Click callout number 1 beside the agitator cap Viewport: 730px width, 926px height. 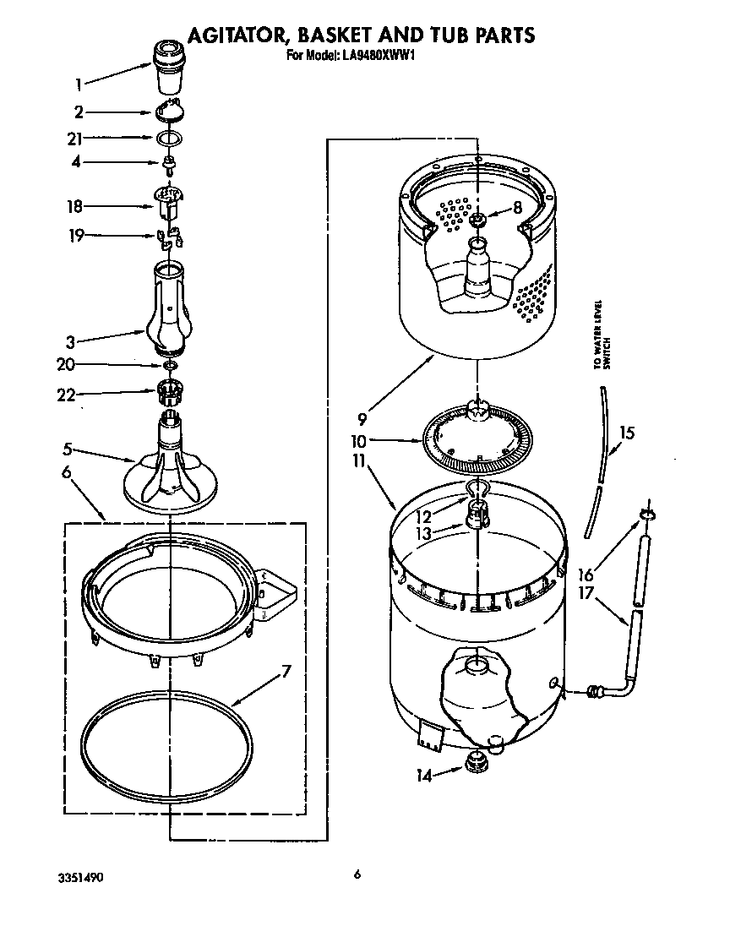[x=78, y=84]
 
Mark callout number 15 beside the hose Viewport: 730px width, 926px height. [x=626, y=434]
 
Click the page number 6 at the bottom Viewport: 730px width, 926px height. [x=357, y=874]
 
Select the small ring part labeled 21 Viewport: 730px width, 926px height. [x=169, y=138]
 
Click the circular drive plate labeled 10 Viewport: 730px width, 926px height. [x=479, y=438]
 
